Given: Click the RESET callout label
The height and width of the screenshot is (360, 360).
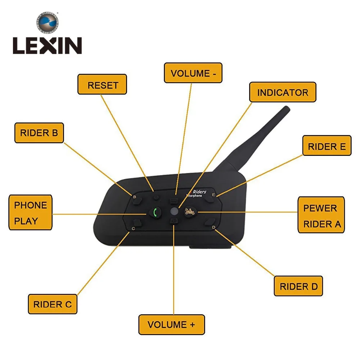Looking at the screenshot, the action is point(103,85).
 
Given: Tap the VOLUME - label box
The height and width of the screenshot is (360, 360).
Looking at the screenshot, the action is point(193,73).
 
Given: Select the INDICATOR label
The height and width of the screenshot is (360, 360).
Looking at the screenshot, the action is point(283,92).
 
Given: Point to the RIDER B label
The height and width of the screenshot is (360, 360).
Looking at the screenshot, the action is point(39,133).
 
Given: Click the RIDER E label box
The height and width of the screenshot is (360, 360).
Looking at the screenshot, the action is point(327,146).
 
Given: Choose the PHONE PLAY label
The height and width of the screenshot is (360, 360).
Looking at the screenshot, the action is point(31,213).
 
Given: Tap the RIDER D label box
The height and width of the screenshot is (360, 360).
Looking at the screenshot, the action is point(298,287).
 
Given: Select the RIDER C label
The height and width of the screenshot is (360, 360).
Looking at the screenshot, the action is point(53,304).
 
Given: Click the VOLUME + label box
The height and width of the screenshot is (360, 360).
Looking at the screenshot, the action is point(171,324).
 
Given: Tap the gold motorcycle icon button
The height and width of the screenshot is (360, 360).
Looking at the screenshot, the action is point(190,212).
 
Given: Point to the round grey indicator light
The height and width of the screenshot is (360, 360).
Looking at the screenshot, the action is point(174,211).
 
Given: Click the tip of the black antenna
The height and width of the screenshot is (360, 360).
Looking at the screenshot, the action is point(286,108).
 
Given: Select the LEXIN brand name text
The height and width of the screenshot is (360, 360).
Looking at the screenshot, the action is point(47,46).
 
